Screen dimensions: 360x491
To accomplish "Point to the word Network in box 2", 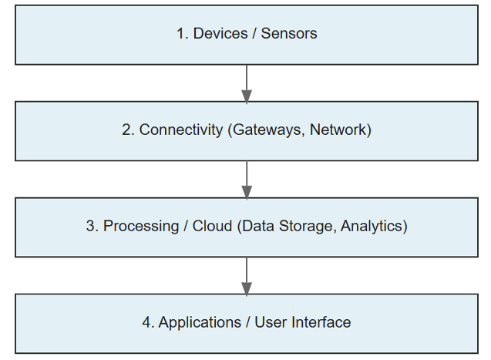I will pos(340,130).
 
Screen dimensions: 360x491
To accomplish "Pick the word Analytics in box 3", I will pos(373,227).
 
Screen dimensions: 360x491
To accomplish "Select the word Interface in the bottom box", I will pos(321,323).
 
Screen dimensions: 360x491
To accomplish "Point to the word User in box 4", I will pos(273,323).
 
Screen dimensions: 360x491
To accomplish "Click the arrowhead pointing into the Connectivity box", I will pos(247,96).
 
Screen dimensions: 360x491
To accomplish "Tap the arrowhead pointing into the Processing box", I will pos(247,192).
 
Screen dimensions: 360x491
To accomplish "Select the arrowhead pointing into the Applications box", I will pos(247,288).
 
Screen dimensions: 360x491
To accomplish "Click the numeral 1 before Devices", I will pos(180,34).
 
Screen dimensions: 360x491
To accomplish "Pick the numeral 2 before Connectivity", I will pos(126,130).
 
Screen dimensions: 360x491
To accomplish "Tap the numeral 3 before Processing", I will pos(90,227).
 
